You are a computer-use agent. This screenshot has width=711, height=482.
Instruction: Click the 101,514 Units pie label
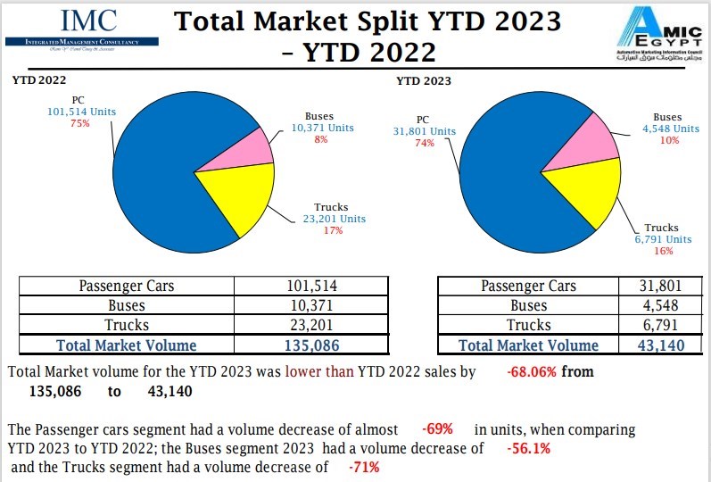point(81,112)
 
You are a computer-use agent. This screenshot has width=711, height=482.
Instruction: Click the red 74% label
point(424,143)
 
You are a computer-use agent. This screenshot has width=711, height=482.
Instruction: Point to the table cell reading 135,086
point(310,345)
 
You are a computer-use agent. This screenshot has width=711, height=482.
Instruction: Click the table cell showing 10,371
point(310,305)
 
